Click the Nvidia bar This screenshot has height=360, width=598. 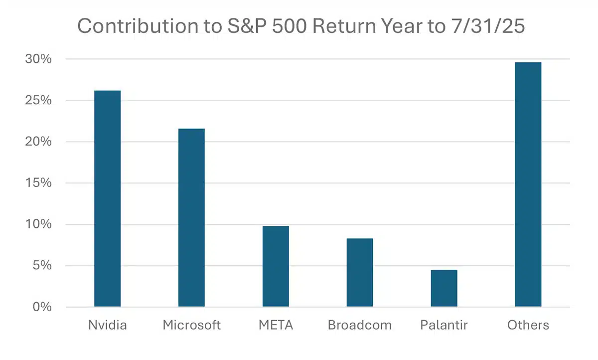coord(107,198)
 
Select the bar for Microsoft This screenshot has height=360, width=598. coord(191,217)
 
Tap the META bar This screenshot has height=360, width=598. coord(276,266)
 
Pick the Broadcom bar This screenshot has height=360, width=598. coord(360,272)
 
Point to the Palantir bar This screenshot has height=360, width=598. coord(444,288)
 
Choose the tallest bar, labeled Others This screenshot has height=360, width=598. coord(528,184)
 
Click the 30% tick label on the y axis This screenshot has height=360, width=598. coord(38,59)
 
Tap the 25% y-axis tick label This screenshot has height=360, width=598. coord(38,100)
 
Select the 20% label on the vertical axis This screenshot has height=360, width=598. coord(38,142)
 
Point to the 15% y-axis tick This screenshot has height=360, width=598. coord(38,183)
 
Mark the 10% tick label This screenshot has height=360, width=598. coord(38,224)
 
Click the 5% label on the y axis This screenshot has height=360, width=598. coord(42,266)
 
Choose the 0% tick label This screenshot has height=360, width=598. coord(42,307)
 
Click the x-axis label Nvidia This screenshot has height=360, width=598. coord(107,325)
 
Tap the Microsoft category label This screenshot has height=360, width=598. coord(191,325)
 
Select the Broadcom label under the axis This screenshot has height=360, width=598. coord(360,325)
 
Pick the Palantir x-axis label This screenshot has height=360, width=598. coord(444,325)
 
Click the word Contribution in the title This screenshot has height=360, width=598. coord(138,26)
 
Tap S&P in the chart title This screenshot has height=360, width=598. coord(247,26)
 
